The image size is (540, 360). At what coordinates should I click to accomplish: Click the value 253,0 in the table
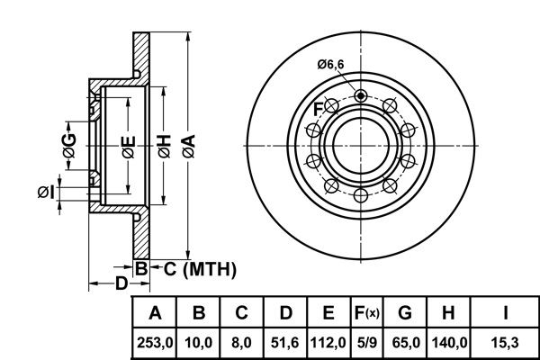click(x=155, y=342)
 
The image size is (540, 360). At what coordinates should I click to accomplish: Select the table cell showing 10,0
click(x=199, y=342)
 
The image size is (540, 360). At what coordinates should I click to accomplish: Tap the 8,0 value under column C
click(x=242, y=342)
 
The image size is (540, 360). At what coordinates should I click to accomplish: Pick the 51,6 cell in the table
click(x=285, y=342)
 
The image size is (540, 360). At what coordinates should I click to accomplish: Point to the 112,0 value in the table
click(x=328, y=342)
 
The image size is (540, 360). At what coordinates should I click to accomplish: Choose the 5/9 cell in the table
click(x=366, y=342)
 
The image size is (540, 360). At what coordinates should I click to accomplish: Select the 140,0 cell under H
click(x=447, y=342)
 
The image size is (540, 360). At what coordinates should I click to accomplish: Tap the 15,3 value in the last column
click(x=507, y=342)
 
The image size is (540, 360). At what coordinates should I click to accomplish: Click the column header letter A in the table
click(x=155, y=314)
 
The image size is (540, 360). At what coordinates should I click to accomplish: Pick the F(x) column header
click(x=366, y=314)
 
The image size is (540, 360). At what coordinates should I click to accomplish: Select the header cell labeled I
click(x=507, y=314)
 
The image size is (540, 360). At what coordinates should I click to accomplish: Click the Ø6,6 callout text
click(x=330, y=62)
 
